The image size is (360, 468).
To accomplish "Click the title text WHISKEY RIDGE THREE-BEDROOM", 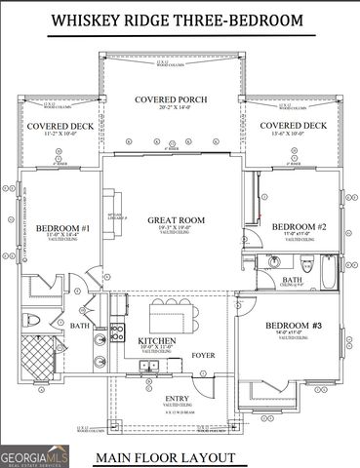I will [177, 19].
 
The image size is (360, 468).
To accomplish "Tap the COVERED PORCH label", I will [170, 99].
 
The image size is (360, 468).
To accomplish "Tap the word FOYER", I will [203, 355].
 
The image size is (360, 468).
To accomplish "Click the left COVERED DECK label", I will [54, 126].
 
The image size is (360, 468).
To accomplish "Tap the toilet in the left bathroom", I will [29, 321].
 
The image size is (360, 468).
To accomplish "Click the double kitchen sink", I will [150, 367].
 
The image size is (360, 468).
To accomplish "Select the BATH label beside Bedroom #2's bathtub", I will [292, 280].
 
